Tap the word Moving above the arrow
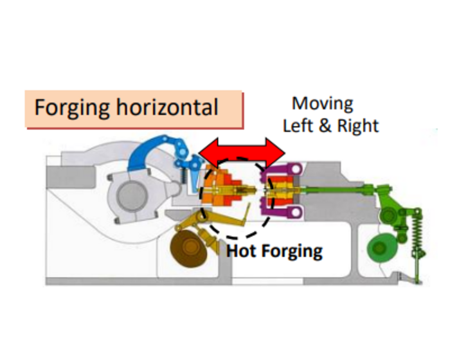pos(322,104)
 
